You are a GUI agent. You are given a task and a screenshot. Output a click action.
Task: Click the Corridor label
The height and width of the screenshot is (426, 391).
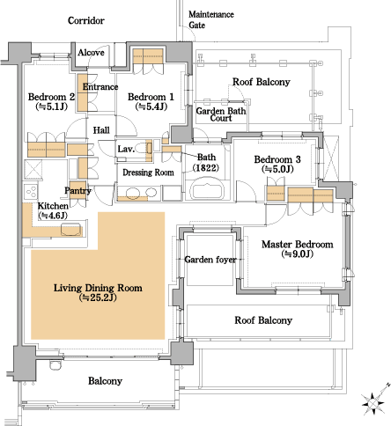point(86,20)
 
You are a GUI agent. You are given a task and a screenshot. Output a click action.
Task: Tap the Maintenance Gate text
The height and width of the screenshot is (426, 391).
point(211,19)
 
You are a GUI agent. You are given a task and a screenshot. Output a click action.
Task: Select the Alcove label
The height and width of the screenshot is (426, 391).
point(91,53)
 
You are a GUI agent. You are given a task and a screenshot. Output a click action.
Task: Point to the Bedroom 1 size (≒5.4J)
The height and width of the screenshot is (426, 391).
point(151,106)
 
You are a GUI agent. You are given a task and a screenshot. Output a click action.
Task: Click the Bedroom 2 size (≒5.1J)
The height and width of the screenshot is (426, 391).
point(51,106)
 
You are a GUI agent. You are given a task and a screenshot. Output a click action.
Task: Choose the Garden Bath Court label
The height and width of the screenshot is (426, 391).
point(221,114)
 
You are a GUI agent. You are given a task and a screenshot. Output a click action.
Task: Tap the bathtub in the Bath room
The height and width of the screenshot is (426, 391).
point(207,188)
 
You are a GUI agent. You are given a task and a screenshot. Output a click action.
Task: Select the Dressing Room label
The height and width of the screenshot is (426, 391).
point(148,173)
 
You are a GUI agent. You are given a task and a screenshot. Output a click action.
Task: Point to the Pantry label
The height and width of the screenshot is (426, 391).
point(77,191)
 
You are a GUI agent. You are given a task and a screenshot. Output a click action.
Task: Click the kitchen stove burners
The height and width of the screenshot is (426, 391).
point(31,192)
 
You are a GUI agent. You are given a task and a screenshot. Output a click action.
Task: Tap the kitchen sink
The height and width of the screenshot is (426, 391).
point(70,230)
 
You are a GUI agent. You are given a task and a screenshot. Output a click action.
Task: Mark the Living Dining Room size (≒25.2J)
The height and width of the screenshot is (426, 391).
point(98,297)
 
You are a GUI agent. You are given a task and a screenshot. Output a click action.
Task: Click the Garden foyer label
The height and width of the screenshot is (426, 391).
point(210,260)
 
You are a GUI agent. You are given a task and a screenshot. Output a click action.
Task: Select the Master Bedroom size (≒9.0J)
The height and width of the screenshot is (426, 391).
point(298,254)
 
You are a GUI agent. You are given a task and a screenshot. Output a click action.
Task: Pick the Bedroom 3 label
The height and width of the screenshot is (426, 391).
point(277,159)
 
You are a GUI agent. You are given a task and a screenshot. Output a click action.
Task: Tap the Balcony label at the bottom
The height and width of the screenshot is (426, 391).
point(105,381)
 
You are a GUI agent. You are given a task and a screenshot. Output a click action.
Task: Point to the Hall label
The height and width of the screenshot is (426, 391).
point(101,130)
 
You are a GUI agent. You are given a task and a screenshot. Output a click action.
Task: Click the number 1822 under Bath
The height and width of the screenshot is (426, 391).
point(206,168)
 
